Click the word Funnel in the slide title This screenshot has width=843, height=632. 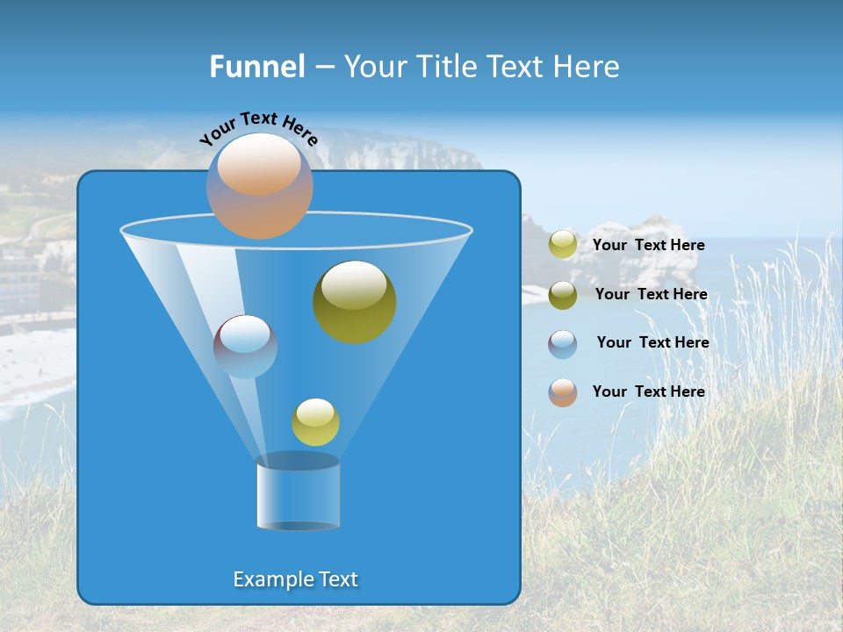[x=256, y=67]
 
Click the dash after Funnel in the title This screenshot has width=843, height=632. [x=323, y=67]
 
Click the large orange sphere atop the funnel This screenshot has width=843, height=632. [x=259, y=185]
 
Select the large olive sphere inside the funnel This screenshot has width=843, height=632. [x=354, y=302]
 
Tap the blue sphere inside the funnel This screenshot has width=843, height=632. [x=245, y=346]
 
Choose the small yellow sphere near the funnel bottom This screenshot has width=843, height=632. [x=315, y=422]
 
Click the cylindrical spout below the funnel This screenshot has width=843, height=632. [x=298, y=493]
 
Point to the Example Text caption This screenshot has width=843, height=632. [x=296, y=579]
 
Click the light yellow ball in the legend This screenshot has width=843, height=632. [x=563, y=245]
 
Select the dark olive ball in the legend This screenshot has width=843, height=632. [x=563, y=295]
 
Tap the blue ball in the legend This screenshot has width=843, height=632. [x=563, y=344]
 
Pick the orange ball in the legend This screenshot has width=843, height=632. [x=563, y=392]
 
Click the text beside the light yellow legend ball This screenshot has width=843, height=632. [x=648, y=245]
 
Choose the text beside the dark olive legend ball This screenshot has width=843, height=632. [x=651, y=294]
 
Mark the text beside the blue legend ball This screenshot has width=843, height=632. [x=652, y=342]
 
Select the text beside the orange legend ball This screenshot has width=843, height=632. [x=648, y=391]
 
